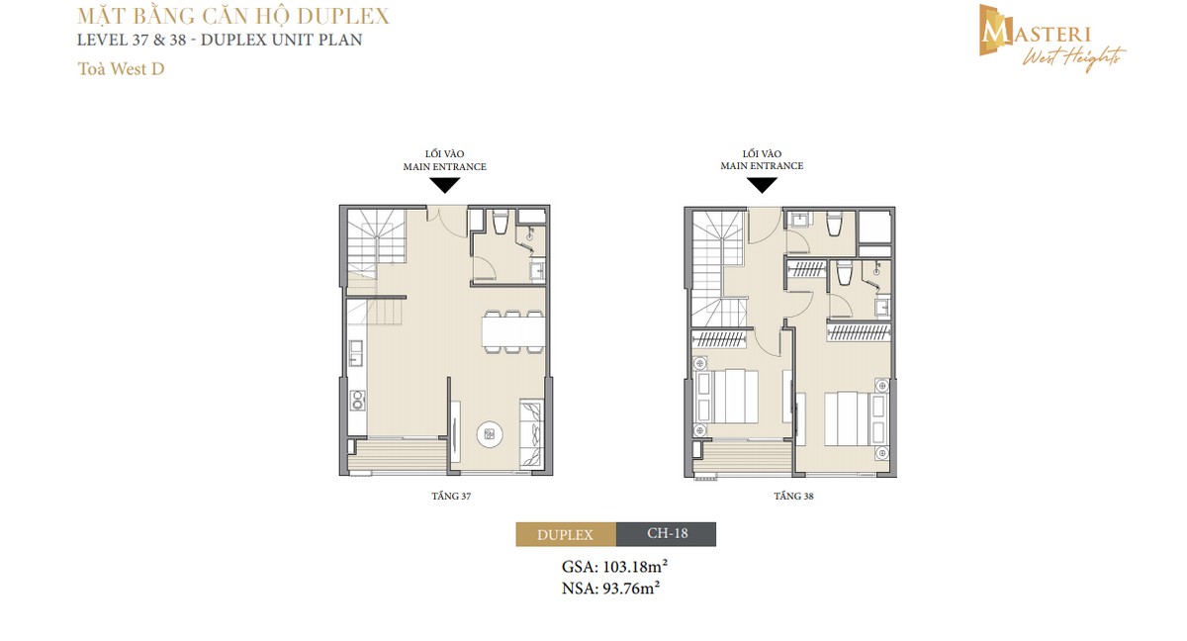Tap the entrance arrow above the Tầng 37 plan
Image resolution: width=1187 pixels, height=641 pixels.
pos(444,185)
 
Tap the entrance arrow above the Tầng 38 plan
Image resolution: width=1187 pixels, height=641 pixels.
pos(762,185)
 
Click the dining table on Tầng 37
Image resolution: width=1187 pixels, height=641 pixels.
pos(513,330)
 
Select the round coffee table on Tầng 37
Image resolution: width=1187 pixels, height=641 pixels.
pos(490,433)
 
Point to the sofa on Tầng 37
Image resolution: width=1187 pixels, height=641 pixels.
pos(531,432)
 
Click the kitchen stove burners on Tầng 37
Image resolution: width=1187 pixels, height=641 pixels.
pos(357,401)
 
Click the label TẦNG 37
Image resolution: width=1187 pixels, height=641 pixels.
pos(444,497)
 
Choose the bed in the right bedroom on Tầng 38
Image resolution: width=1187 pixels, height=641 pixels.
pos(846,418)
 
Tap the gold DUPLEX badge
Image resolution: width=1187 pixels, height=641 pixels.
pos(566,534)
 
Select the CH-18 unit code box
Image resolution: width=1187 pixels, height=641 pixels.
pos(666,534)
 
